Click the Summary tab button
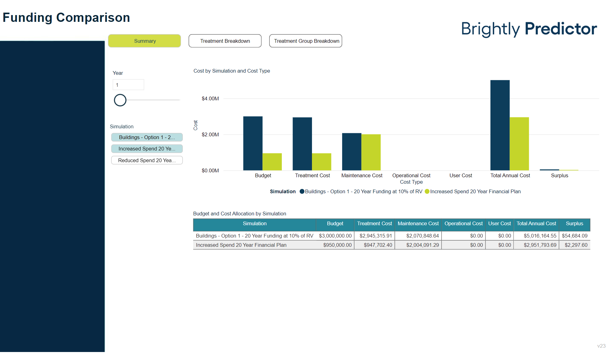[144, 41]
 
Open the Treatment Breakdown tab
[225, 41]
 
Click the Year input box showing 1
[128, 85]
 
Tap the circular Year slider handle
[120, 100]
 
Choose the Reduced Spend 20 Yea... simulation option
[147, 160]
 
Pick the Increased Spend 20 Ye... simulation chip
[147, 149]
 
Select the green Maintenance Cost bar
[371, 152]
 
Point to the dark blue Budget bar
[253, 143]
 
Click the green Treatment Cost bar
[321, 162]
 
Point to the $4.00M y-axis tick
[210, 98]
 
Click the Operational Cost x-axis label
[411, 175]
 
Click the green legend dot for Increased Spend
[427, 191]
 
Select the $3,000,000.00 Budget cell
[335, 236]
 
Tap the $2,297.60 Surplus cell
[576, 245]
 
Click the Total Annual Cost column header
[536, 224]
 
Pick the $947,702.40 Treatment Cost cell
[378, 245]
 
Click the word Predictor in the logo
[561, 29]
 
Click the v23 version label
[601, 346]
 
